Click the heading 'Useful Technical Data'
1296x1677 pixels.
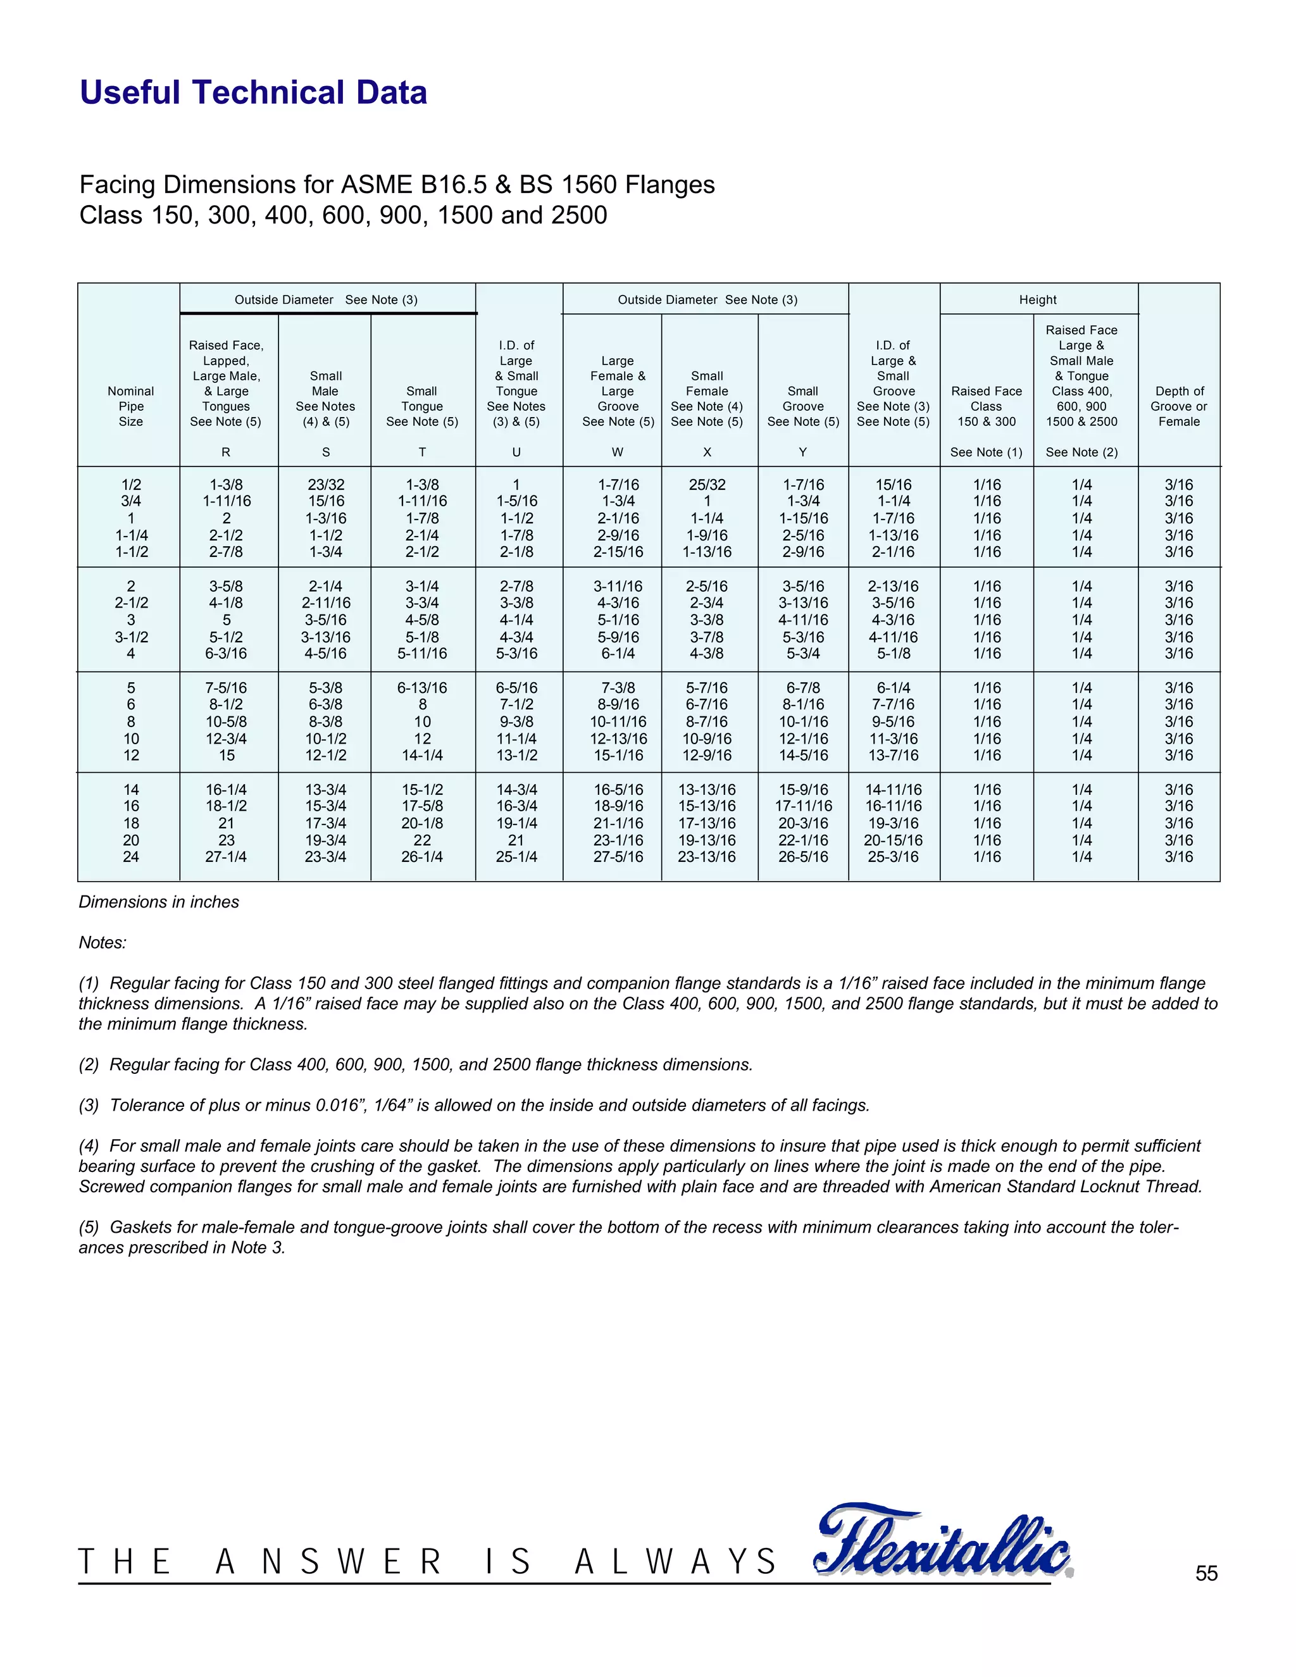coord(253,93)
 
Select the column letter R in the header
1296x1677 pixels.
coord(226,452)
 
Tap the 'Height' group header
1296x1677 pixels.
coord(1037,299)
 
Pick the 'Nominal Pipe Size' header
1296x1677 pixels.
coord(130,406)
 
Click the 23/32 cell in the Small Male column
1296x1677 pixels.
coord(325,485)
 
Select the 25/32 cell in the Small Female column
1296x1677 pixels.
coord(706,485)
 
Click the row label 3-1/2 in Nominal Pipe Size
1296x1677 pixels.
coord(131,637)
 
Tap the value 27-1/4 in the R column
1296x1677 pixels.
coord(226,857)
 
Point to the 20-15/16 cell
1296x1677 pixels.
coord(893,840)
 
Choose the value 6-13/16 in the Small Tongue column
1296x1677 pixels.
coord(421,688)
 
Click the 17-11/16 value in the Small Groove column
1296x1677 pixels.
coord(803,806)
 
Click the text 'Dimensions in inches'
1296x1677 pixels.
coord(159,902)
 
